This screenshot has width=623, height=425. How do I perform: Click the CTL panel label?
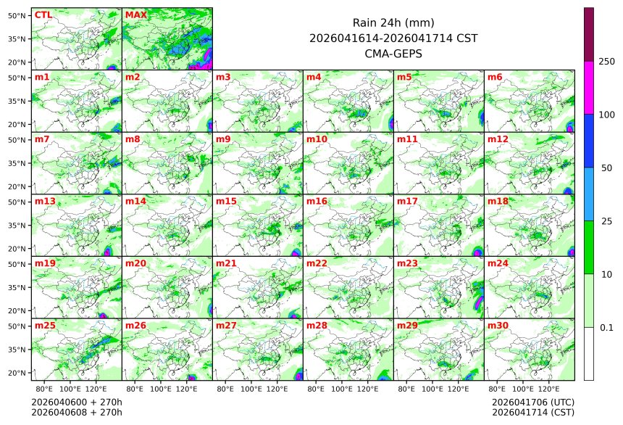coord(43,15)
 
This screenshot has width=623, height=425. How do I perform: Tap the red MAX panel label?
coord(135,15)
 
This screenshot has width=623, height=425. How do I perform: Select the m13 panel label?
coord(44,201)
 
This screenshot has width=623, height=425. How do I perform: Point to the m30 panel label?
coord(497,326)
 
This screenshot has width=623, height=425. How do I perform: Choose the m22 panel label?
coord(316,263)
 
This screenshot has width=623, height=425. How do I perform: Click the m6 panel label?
coord(495,77)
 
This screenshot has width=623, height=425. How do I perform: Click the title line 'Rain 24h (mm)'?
coord(393,22)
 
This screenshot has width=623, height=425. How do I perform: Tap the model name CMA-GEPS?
coord(393,54)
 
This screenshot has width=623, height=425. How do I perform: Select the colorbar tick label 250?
coord(606,62)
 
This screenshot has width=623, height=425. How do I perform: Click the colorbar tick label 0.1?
coord(606,328)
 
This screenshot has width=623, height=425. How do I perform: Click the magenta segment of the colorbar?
coord(589,87)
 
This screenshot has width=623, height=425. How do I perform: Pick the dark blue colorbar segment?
coord(589,141)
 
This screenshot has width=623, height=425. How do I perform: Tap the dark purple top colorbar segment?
coord(589,34)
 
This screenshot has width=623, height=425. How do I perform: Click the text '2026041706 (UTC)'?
coord(532,402)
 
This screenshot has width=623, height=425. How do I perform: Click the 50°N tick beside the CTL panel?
coord(17,15)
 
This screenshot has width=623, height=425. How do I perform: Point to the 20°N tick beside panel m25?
coord(17,373)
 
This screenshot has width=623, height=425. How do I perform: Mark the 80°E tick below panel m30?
coord(497,389)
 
